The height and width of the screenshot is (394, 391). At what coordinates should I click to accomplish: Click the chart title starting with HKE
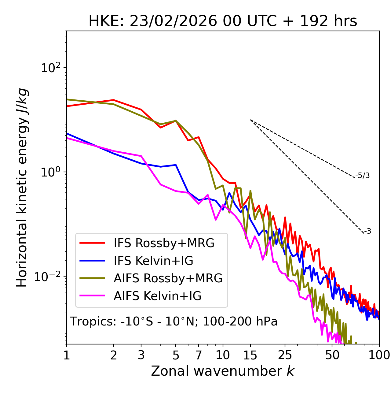(223, 21)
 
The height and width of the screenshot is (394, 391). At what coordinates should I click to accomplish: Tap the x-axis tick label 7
(199, 355)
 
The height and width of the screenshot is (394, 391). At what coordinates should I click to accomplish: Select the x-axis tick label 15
(250, 355)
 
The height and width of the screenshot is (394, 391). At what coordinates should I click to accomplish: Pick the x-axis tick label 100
(379, 355)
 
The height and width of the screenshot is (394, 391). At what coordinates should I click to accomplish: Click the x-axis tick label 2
(114, 355)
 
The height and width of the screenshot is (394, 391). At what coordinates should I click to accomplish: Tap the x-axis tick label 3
(141, 355)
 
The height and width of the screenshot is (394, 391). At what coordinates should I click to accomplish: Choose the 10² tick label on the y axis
(51, 68)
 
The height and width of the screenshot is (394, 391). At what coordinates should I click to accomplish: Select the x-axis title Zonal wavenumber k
(223, 371)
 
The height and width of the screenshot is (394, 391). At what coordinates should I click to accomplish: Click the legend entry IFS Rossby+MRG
(164, 243)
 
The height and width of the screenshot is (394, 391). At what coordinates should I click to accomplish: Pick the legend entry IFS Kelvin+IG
(153, 261)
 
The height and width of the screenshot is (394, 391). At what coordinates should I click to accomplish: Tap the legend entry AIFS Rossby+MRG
(168, 278)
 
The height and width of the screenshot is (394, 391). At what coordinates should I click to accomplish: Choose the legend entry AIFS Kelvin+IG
(157, 296)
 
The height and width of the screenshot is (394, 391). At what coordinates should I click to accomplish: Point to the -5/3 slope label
(363, 176)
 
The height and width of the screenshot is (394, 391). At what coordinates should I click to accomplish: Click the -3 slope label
(367, 231)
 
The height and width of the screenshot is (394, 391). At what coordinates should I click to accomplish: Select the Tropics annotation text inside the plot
(174, 322)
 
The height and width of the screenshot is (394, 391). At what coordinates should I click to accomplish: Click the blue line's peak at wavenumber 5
(176, 165)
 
